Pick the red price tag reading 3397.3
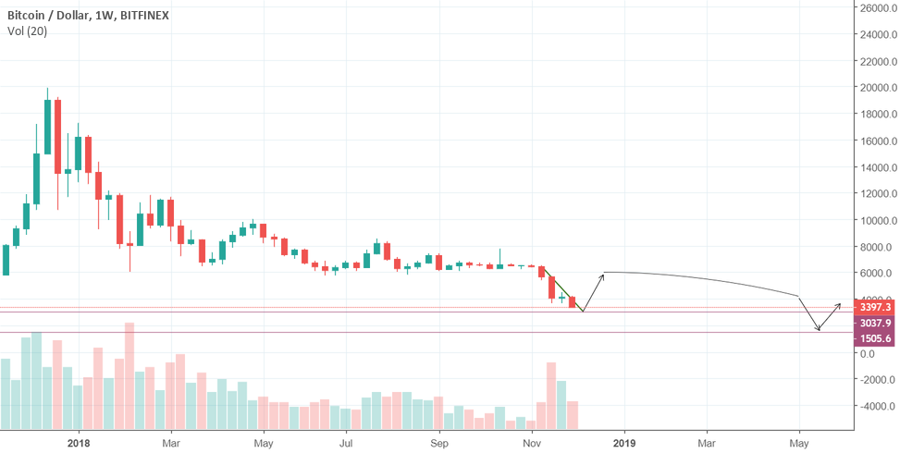coord(875,307)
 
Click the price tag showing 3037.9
coord(875,323)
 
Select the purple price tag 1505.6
coord(875,338)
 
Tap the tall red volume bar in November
coord(551,397)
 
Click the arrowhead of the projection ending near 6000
coord(603,275)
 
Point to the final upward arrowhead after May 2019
coord(840,304)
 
